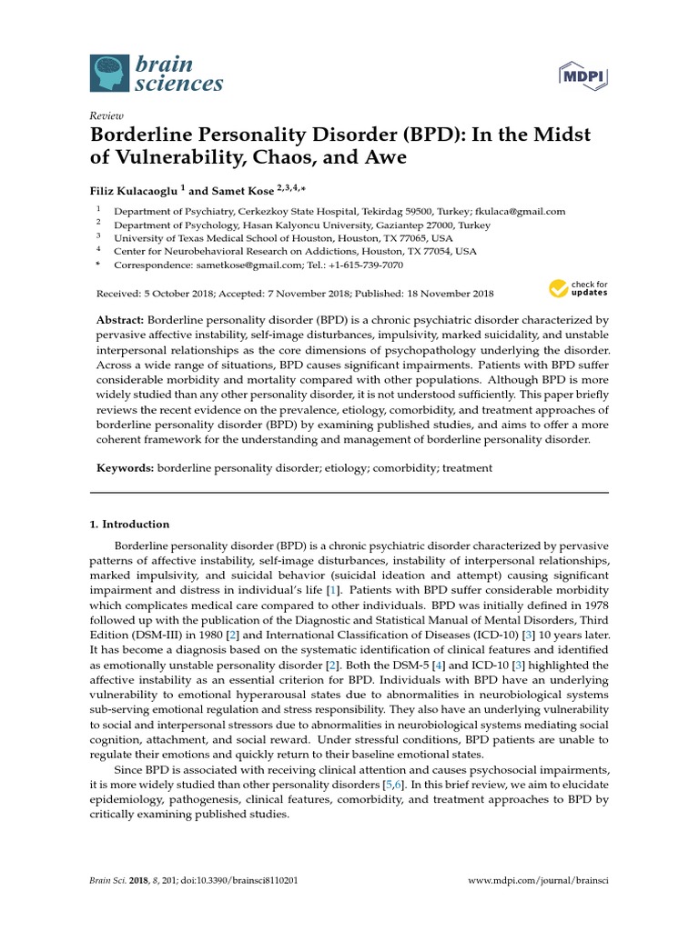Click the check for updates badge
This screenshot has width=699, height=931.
click(578, 289)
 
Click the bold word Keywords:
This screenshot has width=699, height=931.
click(126, 468)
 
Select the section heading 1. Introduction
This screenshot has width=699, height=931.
click(129, 525)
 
